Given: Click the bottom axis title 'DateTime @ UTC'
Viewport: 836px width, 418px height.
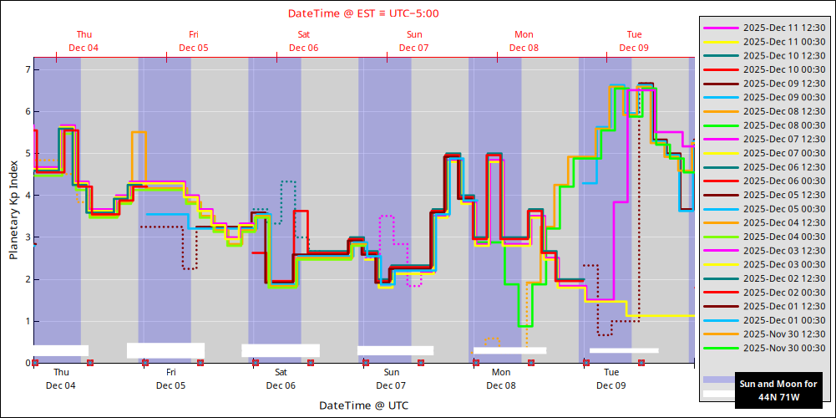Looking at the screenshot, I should (x=363, y=405).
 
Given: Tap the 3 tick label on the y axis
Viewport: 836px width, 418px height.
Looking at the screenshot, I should (x=27, y=237).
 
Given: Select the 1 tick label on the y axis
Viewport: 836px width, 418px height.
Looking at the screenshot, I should (x=27, y=321).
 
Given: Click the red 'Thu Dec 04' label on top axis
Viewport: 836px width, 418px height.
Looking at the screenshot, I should (x=84, y=41).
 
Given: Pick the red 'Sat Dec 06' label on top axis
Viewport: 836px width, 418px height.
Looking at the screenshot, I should (x=304, y=41).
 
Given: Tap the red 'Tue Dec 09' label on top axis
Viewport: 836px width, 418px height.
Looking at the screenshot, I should (x=634, y=41).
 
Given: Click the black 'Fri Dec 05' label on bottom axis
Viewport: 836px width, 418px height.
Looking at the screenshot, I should (x=171, y=379).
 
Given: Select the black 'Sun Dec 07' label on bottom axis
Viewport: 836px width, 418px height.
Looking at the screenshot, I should (x=391, y=379).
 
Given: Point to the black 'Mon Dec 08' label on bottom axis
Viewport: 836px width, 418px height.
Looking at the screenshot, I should (x=501, y=379).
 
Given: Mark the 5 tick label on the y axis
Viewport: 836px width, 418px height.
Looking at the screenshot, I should (x=27, y=154).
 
